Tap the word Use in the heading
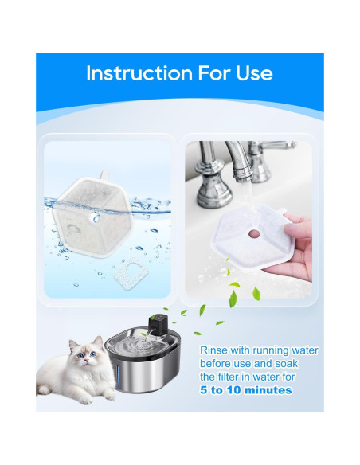253,74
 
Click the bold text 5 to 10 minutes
245,390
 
